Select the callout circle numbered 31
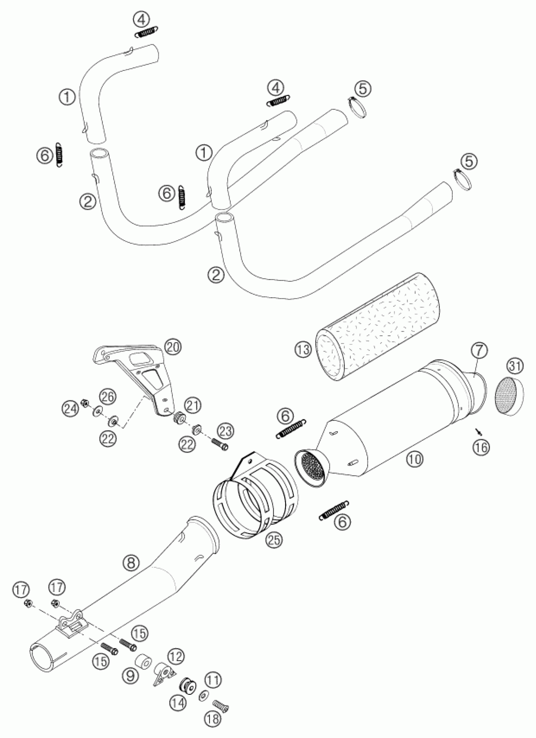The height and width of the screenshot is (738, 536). (x=516, y=366)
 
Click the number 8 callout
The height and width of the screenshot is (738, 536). (x=131, y=563)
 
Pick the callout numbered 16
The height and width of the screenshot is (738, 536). (x=481, y=447)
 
